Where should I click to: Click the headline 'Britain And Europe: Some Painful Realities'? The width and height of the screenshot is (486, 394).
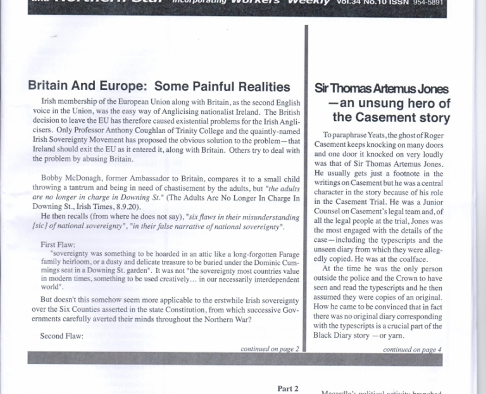[x=159, y=87]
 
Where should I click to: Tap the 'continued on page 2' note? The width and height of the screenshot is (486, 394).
[x=270, y=348]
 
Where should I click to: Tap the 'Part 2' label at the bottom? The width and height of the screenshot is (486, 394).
[x=287, y=388]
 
